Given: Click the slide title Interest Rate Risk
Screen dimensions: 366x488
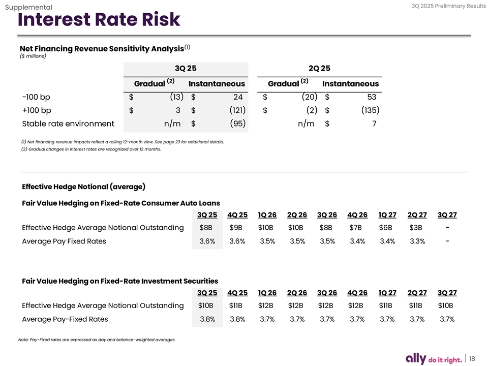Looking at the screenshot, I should (99, 20).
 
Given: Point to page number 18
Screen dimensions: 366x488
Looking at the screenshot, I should (472, 358).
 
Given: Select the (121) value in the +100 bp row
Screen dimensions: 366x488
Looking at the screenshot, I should (236, 110).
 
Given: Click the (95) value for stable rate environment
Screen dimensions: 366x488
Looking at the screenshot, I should (237, 123).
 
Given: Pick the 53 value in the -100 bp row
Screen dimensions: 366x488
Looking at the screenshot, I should (371, 97).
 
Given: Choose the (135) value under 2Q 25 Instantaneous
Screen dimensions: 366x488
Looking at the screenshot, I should (370, 110).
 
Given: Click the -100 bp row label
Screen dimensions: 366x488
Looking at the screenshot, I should (36, 97).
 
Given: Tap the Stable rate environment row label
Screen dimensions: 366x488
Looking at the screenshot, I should (68, 123).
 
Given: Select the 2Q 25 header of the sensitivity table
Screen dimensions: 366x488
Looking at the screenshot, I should (319, 68).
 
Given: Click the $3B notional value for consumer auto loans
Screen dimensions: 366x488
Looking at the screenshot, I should (416, 227).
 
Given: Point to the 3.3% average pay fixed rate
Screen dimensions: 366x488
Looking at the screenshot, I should (417, 241).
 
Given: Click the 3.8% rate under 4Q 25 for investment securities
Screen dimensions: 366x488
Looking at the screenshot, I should (237, 319).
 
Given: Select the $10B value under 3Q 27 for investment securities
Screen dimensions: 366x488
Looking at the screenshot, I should (446, 306).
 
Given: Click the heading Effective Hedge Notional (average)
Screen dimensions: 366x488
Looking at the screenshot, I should (84, 186).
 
